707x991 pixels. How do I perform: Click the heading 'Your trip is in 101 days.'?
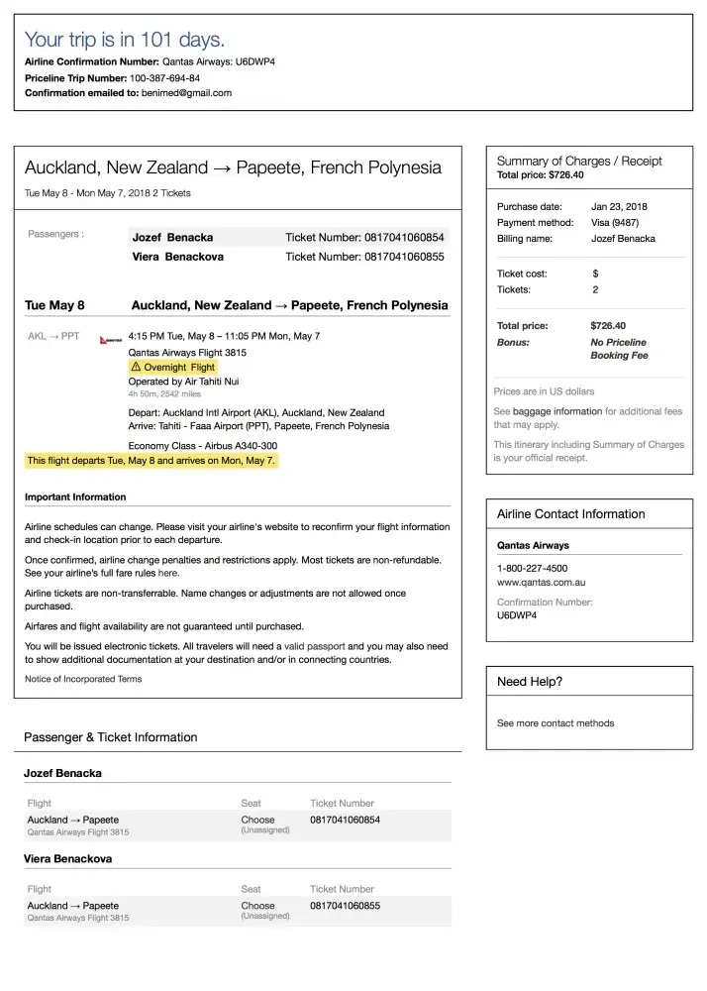[125, 40]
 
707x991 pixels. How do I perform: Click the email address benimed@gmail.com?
[186, 93]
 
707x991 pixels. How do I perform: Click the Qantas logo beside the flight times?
[112, 339]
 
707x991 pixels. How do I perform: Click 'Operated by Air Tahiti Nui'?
[183, 382]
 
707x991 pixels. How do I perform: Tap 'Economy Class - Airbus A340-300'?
[203, 446]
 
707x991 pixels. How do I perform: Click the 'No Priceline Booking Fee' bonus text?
[619, 349]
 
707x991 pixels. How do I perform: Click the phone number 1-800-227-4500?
[532, 568]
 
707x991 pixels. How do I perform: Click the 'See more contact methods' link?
[555, 723]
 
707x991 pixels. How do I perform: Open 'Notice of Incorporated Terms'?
[83, 679]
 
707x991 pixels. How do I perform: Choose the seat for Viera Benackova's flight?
[258, 906]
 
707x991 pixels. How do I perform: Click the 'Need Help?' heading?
[530, 682]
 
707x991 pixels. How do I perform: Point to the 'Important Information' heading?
[75, 496]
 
